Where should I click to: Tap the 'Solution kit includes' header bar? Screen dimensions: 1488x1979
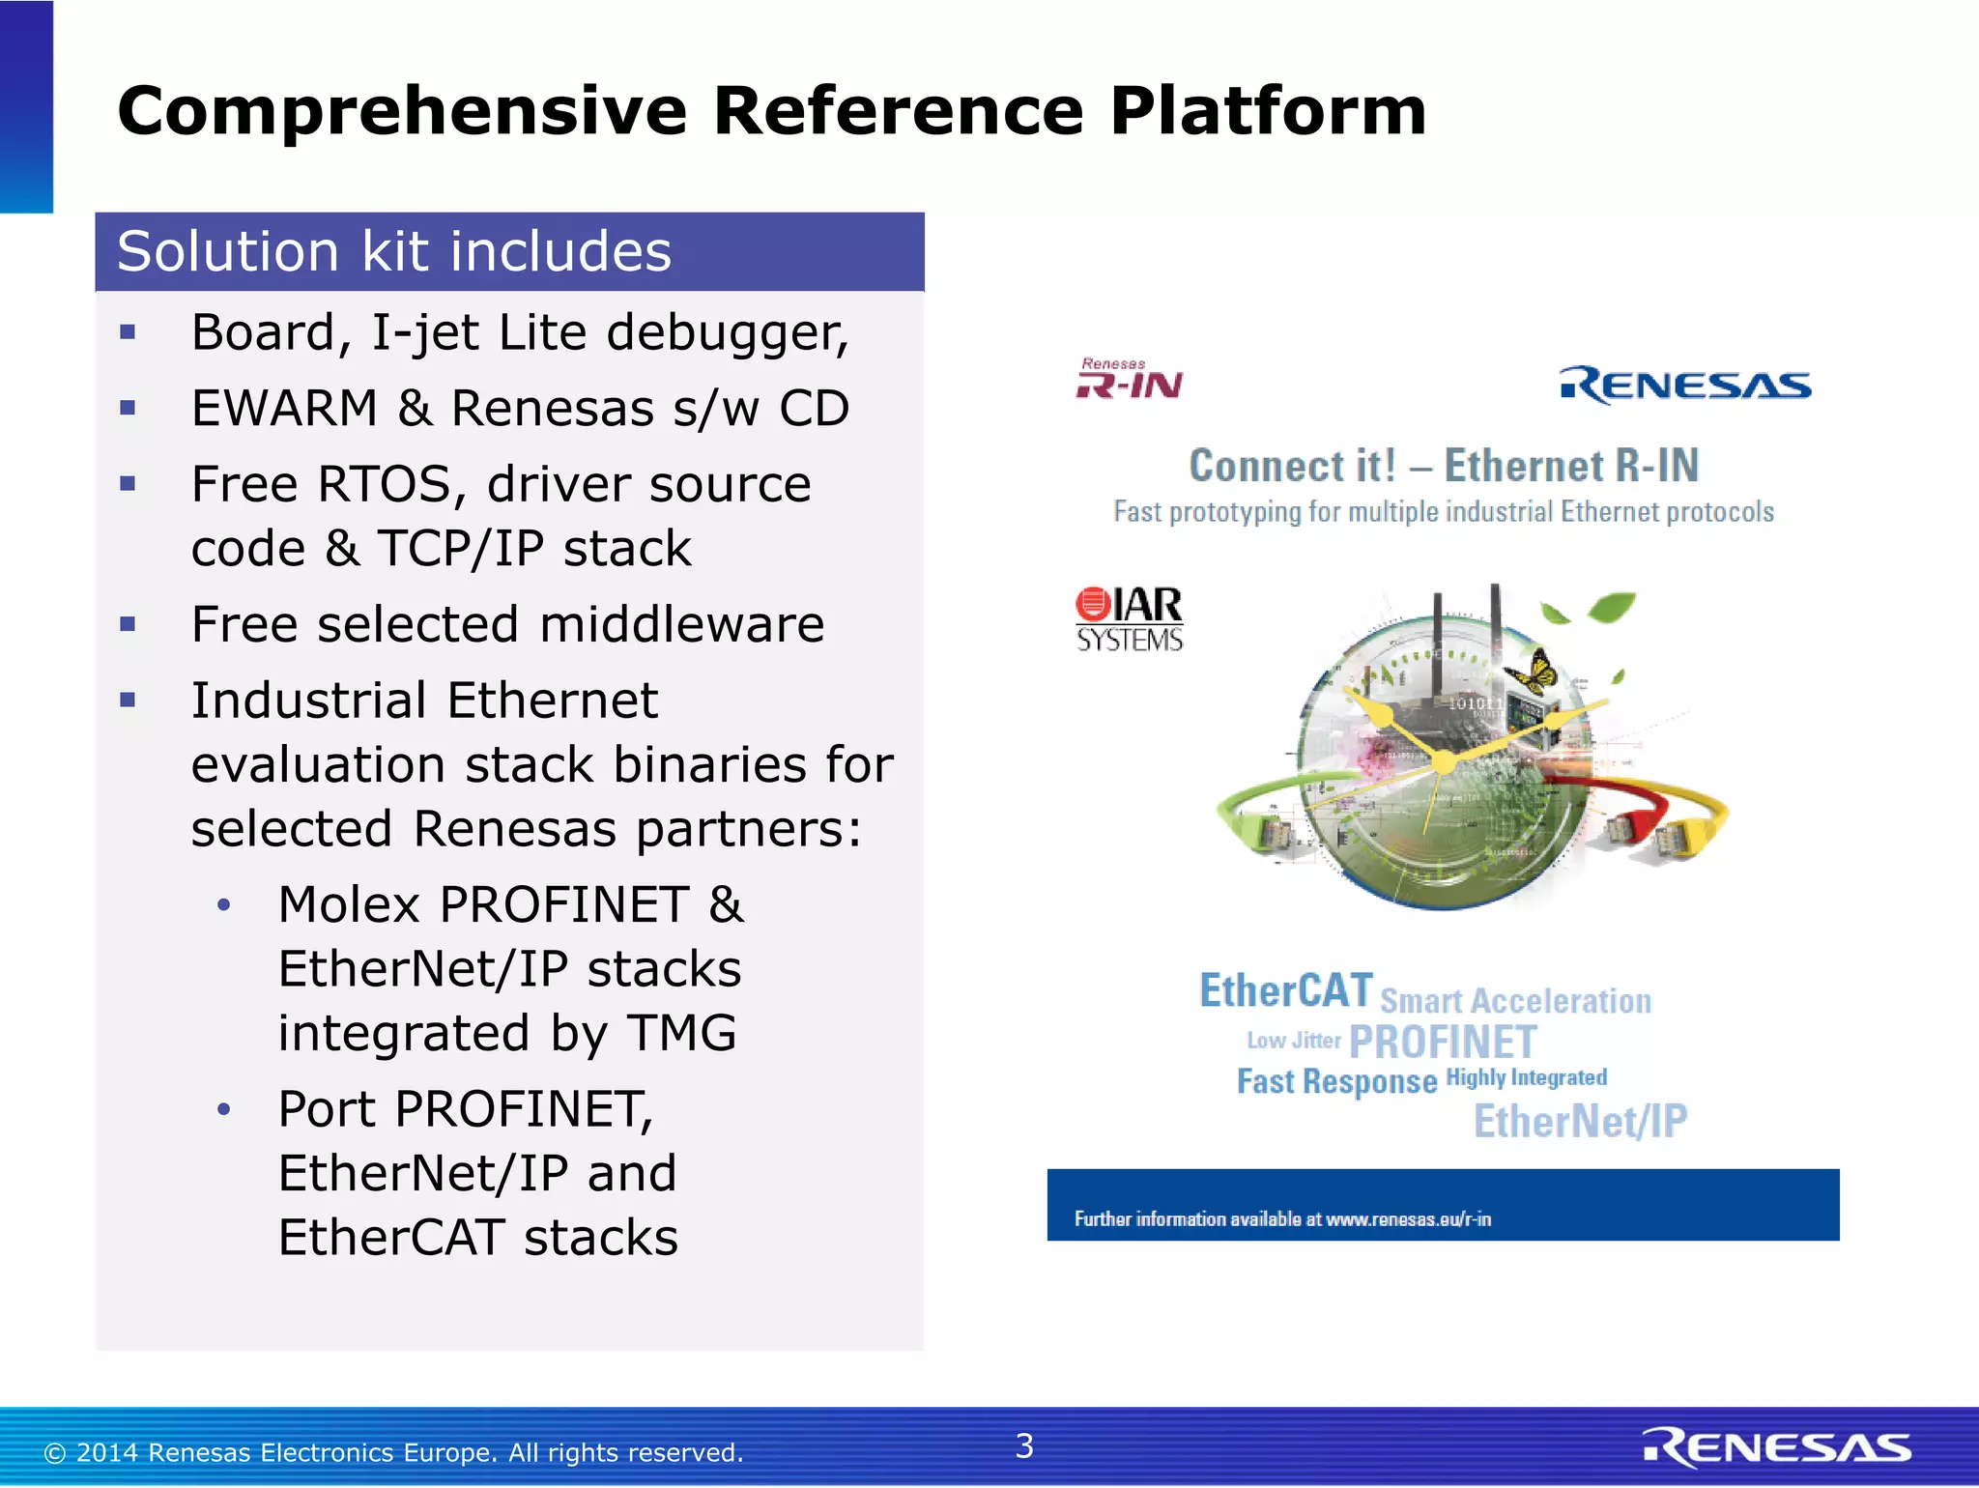509,252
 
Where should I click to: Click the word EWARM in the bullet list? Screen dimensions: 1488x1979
284,409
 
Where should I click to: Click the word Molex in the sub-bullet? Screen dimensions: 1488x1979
349,906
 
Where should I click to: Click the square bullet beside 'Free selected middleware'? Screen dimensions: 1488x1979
128,625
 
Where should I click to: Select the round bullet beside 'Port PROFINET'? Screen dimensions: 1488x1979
224,1110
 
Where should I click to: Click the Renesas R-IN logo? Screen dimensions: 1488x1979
1129,379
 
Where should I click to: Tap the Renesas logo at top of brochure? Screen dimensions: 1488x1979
1685,386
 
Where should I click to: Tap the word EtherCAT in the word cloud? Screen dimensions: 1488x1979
1285,991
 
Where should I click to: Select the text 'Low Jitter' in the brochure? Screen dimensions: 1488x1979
1293,1041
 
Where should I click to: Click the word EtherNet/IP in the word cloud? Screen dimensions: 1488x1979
1580,1122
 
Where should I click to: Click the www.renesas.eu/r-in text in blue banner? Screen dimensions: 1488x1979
1408,1219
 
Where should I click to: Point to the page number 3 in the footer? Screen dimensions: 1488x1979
1024,1446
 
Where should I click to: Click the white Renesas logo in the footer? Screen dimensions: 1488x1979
1776,1447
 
